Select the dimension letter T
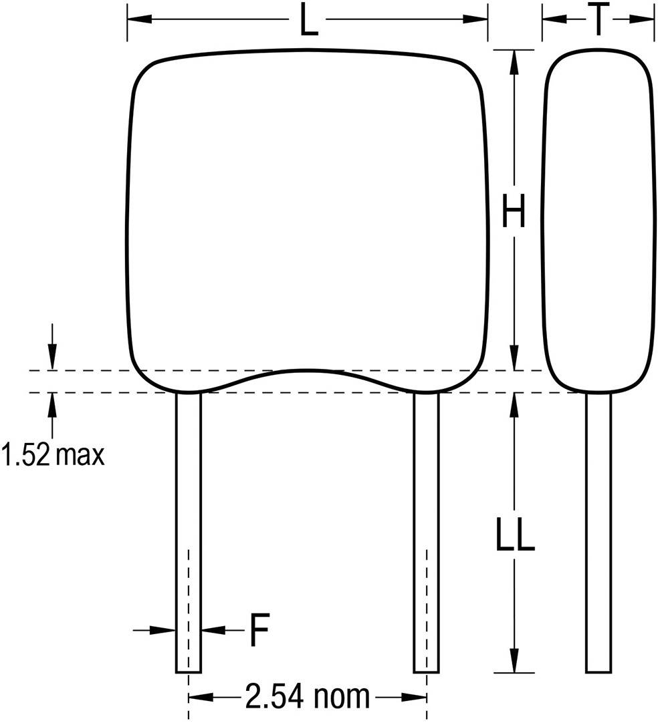pos(598,20)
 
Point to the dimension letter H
pos(514,212)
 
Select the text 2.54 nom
pos(307,697)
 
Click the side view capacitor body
pos(598,221)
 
